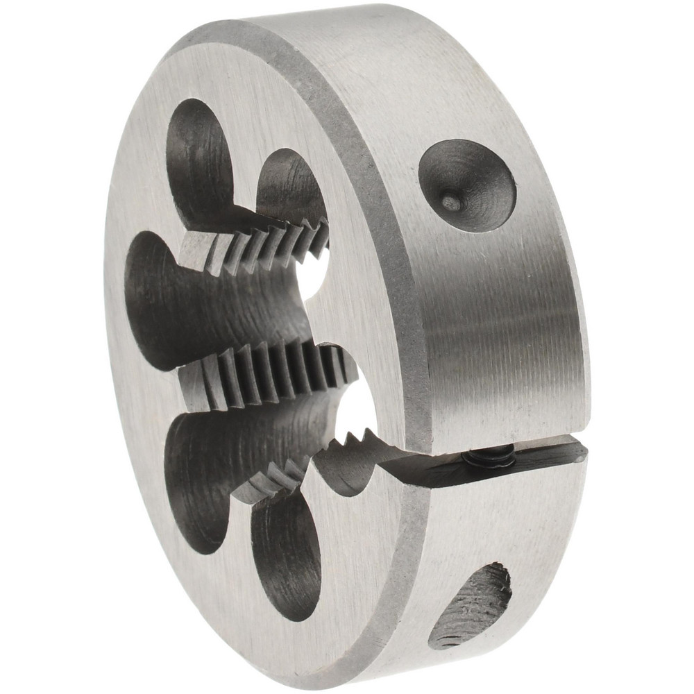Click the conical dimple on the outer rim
click(x=466, y=185)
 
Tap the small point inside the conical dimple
click(x=451, y=202)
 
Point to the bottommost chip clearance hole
click(x=285, y=555)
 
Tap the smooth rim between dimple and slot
click(x=507, y=326)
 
